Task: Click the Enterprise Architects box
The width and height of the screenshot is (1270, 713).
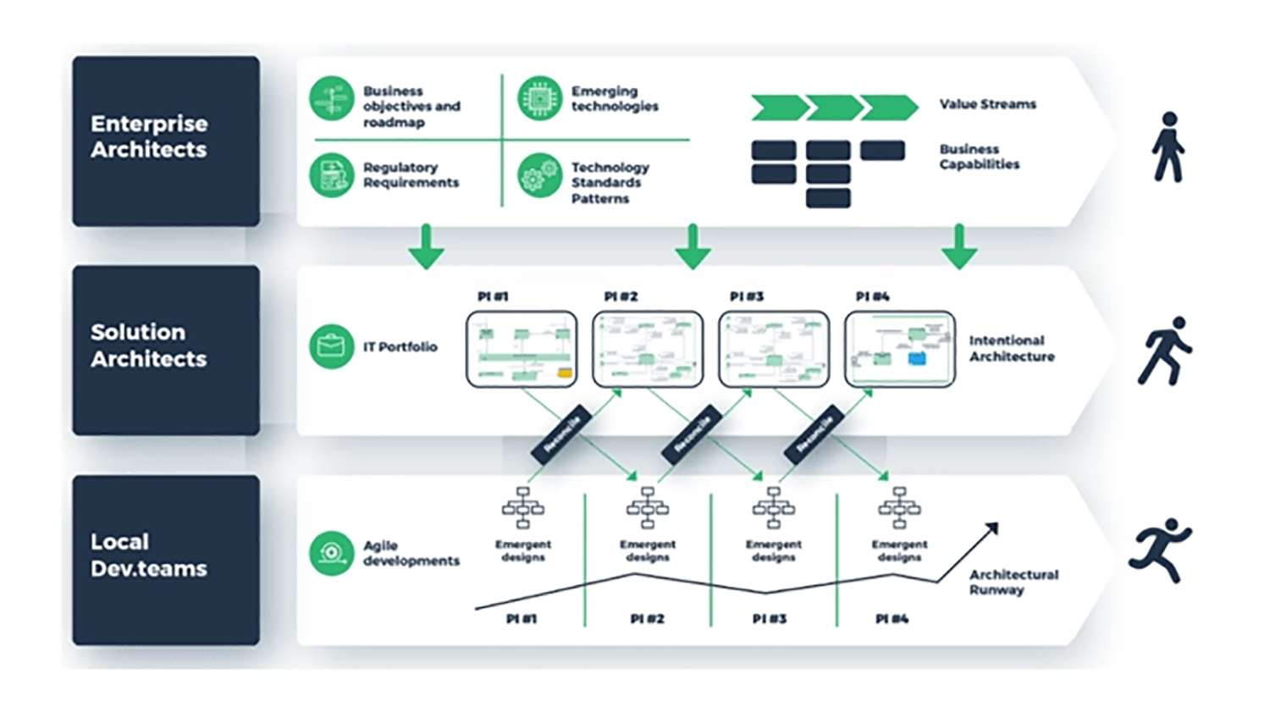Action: [166, 141]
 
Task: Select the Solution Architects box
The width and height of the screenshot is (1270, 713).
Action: [166, 350]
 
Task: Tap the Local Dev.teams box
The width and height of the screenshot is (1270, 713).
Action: [166, 560]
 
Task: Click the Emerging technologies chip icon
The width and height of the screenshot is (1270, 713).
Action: [539, 98]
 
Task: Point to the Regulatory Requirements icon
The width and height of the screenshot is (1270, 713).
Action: [331, 175]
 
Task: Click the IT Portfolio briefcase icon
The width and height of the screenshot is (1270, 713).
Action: [331, 346]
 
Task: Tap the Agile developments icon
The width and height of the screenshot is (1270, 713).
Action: [331, 553]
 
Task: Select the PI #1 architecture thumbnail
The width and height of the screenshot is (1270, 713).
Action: [522, 349]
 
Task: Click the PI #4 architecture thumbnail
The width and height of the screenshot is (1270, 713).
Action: [900, 349]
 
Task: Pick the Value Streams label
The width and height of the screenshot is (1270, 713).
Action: [987, 104]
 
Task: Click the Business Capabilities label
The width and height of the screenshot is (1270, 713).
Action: [979, 157]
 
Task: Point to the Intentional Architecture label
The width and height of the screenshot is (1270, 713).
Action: [1012, 348]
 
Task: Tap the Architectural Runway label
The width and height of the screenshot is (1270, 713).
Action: [1013, 582]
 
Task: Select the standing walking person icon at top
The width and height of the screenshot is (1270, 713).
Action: [1168, 146]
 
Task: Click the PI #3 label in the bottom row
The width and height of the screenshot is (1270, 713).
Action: [770, 619]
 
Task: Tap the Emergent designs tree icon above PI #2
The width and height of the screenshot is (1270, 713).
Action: [648, 507]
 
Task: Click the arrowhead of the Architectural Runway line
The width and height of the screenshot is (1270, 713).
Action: [993, 528]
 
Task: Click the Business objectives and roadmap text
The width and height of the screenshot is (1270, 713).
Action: [411, 107]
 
